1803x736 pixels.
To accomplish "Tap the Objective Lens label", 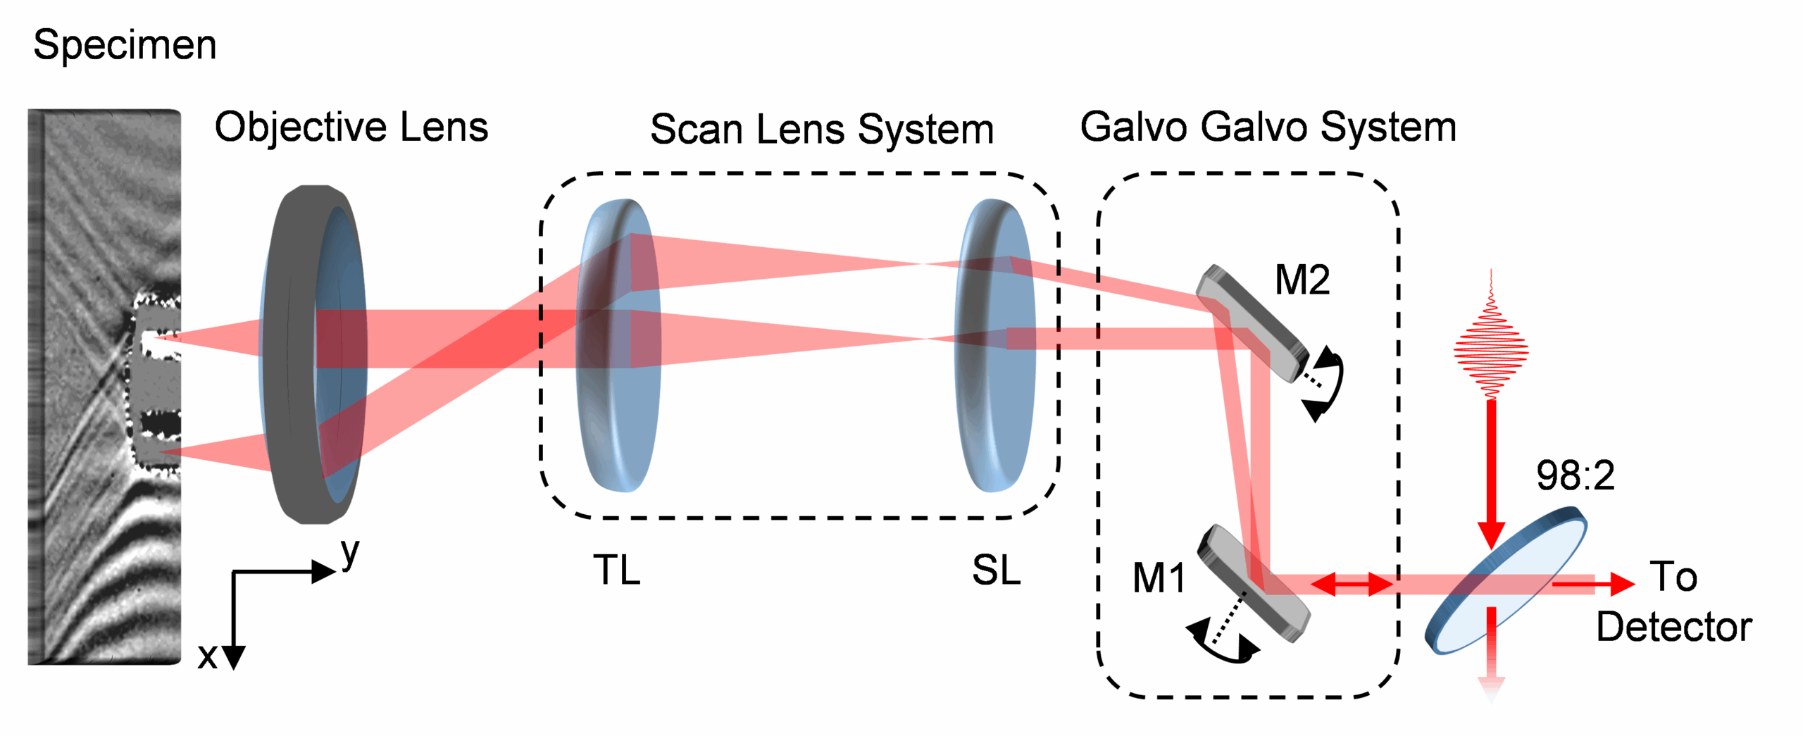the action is [351, 128].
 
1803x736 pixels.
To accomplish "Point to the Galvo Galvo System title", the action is [1268, 128].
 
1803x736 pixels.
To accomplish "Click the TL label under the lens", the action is [617, 570].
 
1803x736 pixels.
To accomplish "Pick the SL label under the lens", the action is [996, 570].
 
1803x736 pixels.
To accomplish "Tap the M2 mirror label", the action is [1302, 280].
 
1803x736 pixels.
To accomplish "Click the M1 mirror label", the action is [1159, 578].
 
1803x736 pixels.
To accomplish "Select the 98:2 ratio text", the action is [1576, 475].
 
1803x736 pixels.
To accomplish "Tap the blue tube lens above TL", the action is [618, 345].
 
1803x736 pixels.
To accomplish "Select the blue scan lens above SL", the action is [995, 345].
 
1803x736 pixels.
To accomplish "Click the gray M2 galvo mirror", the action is [1253, 323].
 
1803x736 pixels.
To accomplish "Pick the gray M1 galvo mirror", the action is [1254, 584].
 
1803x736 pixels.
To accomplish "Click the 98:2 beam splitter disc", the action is [1506, 585].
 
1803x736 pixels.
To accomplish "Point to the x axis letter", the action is [207, 656].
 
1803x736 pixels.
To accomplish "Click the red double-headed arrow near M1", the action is [1352, 584].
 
